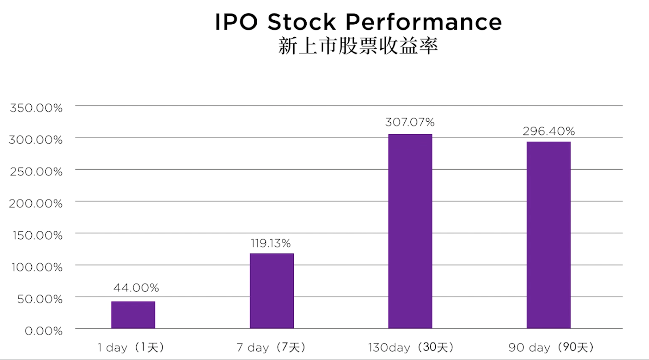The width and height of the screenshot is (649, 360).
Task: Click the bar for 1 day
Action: pos(133,315)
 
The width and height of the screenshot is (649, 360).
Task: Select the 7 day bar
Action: pos(271,291)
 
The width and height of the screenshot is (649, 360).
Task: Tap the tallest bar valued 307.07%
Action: pos(410,231)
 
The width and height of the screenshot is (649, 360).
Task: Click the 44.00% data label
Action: pos(136,288)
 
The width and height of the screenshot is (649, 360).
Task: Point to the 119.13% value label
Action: pos(271,243)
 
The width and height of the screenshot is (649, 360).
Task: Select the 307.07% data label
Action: pos(410,122)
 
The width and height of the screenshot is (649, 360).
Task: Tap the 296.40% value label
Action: pos(548,131)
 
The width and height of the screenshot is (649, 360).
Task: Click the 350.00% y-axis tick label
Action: pos(36,108)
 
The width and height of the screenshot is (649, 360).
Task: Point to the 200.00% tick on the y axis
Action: pos(36,203)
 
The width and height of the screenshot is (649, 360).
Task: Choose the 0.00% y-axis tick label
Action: pos(43,331)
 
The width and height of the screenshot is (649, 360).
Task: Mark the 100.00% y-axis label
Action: pos(37,267)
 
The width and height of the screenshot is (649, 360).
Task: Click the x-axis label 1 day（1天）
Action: pos(131,347)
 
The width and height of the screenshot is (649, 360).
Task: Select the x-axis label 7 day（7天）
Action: pos(271,347)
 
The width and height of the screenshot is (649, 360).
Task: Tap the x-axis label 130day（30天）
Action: pos(410,347)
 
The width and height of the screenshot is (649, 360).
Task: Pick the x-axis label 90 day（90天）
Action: pos(551,347)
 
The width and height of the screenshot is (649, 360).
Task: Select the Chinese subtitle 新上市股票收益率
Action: pos(358,46)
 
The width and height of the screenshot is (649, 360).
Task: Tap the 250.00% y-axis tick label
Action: pos(36,172)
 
